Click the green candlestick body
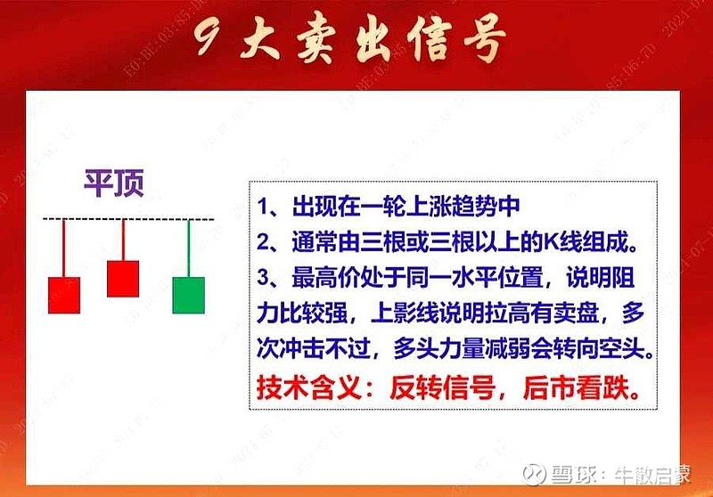coord(188,295)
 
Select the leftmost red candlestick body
coord(64,295)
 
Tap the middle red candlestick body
coord(123,278)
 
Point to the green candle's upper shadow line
coord(188,248)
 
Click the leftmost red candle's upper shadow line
coord(64,248)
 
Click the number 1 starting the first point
coord(265,208)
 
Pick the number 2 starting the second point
coord(265,242)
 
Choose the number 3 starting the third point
coord(265,278)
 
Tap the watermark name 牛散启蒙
coord(655,472)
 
